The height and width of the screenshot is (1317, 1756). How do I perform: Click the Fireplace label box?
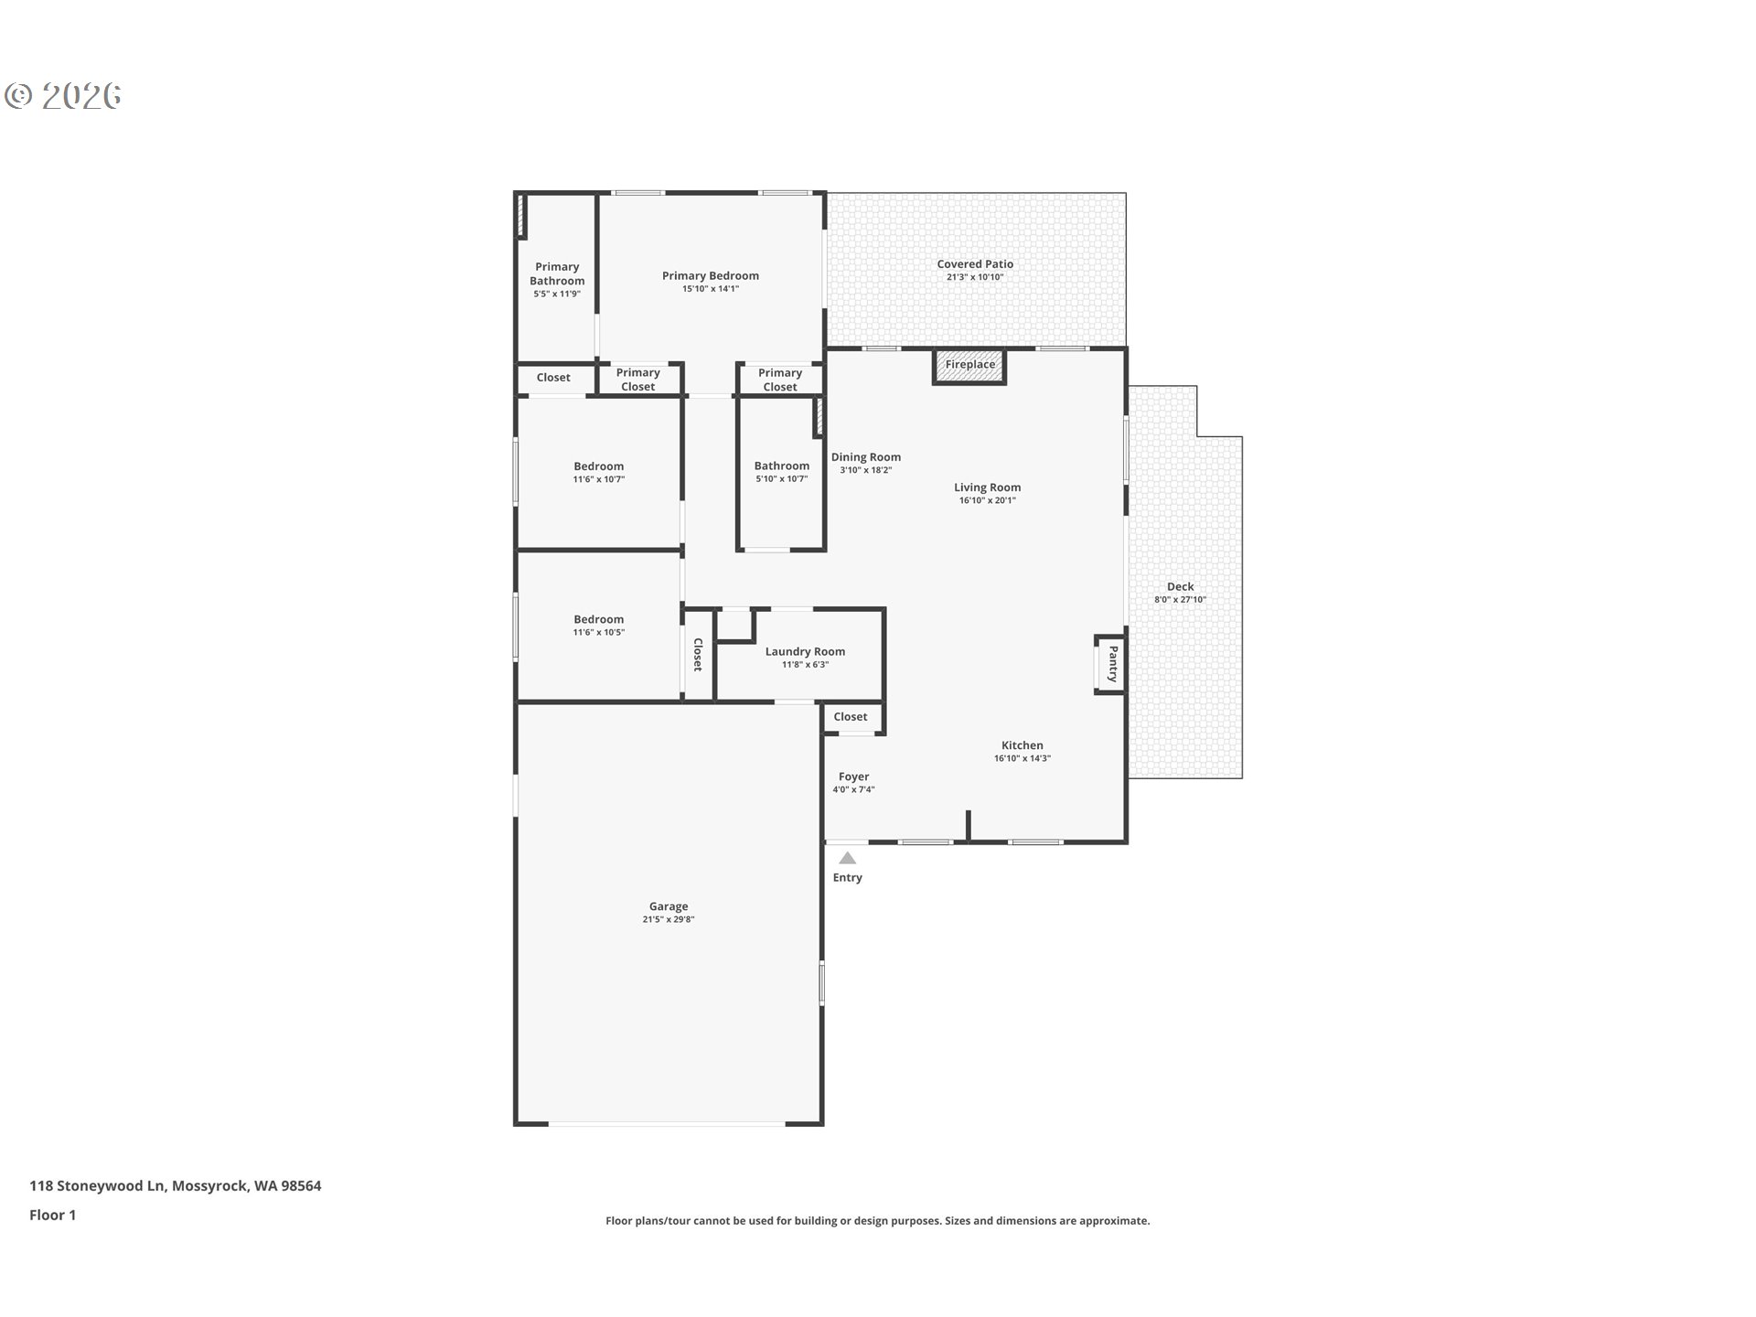tap(969, 365)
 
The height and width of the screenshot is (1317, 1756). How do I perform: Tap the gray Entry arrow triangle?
tap(848, 858)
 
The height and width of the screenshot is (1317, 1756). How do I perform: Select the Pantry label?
tap(1112, 664)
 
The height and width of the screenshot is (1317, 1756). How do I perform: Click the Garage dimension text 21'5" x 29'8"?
tap(669, 920)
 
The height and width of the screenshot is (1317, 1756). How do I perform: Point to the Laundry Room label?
tap(805, 652)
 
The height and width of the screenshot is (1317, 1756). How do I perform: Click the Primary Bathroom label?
tap(557, 274)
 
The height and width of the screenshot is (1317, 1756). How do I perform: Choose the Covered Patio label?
tap(975, 264)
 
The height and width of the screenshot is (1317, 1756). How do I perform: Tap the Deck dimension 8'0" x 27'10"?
tap(1180, 601)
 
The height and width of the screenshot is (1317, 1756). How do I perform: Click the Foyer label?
tap(853, 776)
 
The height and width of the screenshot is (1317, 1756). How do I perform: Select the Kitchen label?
tap(1022, 745)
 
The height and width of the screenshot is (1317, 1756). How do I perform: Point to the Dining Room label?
tap(865, 457)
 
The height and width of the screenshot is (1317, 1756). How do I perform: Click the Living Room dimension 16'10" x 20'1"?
tap(987, 501)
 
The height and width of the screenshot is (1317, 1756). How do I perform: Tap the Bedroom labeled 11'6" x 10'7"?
tap(598, 466)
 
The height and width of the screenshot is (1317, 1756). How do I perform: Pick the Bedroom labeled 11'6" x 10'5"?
tap(598, 619)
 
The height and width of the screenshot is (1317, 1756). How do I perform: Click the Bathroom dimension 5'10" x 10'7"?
tap(781, 479)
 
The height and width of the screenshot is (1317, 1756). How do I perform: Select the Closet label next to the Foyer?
tap(851, 717)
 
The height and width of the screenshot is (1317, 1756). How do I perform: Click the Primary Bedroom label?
tap(710, 275)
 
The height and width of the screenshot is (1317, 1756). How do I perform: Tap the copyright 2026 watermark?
tap(63, 96)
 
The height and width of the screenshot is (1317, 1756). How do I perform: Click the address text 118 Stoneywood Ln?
tap(97, 1185)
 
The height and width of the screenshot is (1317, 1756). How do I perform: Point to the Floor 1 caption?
tap(53, 1215)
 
